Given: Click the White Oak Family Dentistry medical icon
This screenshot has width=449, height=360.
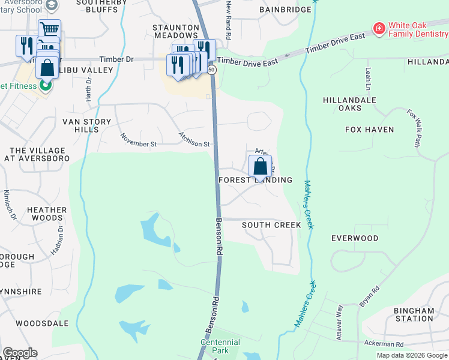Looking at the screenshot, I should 379,29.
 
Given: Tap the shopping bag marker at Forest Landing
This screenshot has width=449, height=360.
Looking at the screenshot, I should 260,166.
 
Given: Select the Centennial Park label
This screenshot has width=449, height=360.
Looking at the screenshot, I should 220,346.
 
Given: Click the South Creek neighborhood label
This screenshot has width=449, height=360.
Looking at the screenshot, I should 271,225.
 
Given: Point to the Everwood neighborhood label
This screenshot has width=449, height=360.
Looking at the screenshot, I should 355,238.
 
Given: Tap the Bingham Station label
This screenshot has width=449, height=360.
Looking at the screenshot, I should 414,314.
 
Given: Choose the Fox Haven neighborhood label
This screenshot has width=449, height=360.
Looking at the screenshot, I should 369,130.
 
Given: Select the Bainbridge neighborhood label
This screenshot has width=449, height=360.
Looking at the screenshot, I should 285,10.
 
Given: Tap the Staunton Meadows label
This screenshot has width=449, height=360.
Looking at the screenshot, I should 175,32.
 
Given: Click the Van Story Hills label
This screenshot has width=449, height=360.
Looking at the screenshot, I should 87,125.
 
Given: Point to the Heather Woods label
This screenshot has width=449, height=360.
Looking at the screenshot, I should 47,214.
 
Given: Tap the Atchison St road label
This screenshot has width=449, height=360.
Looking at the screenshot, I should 193,140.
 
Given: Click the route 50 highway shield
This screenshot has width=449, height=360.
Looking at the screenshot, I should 211,70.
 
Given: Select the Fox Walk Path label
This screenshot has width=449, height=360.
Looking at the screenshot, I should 414,127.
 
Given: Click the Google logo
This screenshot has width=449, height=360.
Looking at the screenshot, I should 20,353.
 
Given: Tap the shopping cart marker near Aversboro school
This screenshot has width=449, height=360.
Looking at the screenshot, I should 49,29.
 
